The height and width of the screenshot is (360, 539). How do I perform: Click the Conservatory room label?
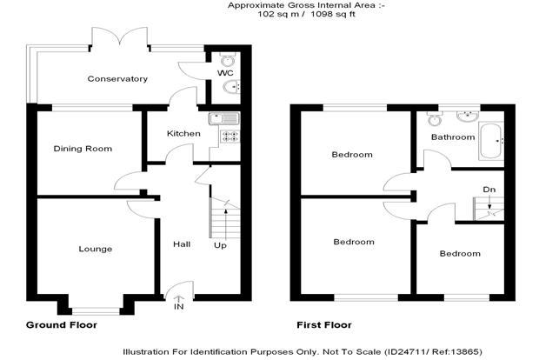click(x=117, y=79)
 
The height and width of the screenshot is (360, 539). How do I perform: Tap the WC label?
click(x=225, y=73)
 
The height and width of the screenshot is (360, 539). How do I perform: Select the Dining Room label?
click(x=83, y=149)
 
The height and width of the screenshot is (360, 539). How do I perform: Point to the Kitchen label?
click(x=183, y=133)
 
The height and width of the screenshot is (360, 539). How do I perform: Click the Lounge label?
click(x=96, y=249)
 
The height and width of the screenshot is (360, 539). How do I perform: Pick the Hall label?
click(x=182, y=244)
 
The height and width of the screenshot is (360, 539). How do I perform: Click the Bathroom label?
click(x=453, y=137)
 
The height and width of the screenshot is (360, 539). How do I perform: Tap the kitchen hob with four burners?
click(x=230, y=137)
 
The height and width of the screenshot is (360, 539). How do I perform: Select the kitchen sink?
click(x=224, y=119)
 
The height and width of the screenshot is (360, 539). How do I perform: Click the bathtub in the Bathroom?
click(x=491, y=142)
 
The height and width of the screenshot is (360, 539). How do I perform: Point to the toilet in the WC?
click(x=227, y=60)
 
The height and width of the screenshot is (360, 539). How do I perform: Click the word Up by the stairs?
click(x=220, y=245)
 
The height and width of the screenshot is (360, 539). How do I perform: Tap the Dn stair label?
click(x=489, y=190)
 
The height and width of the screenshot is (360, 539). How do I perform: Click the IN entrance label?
click(x=179, y=307)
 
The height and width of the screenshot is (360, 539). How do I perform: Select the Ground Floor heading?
click(x=62, y=325)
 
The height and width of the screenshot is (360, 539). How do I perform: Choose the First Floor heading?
click(x=324, y=325)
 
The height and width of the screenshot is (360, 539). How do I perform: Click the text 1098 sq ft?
click(x=333, y=14)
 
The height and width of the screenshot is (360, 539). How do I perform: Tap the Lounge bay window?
click(x=96, y=311)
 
